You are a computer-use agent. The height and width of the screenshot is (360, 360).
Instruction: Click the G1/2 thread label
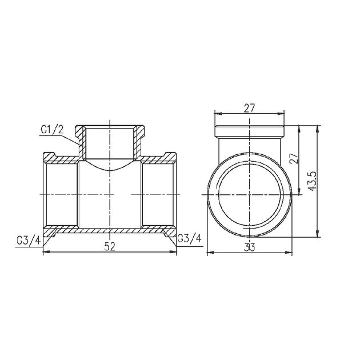coord(52,130)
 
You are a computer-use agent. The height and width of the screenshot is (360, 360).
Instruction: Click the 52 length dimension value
coord(110,246)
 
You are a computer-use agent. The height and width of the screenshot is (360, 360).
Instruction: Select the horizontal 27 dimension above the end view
coord(249,106)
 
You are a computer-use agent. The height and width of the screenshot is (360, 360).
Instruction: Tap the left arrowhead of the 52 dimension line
coord(46,252)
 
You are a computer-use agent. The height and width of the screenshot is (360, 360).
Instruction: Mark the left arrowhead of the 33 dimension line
coord(208,252)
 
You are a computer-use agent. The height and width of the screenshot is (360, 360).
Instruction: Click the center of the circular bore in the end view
coord(249,194)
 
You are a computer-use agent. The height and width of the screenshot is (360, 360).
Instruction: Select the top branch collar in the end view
coord(249,130)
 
